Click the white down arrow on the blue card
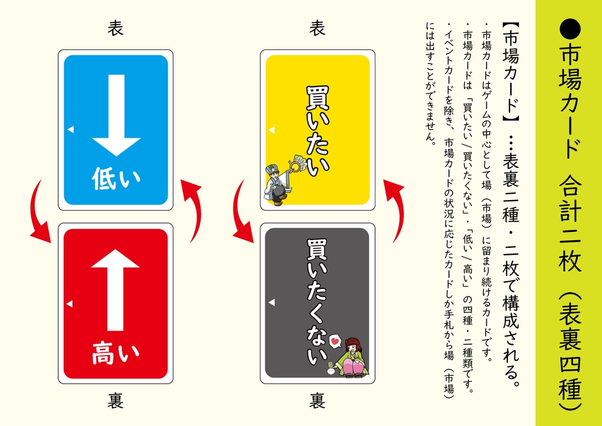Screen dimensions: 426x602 coord(116,115)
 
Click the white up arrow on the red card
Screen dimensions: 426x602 coord(116,288)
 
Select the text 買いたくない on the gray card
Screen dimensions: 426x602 coord(317,300)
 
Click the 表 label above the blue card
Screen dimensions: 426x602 coord(116,28)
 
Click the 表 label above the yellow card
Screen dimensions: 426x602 coord(317,28)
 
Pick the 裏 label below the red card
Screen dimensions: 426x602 coord(116,402)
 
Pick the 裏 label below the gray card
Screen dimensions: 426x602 coord(317,402)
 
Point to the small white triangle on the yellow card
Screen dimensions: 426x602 coord(272,129)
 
